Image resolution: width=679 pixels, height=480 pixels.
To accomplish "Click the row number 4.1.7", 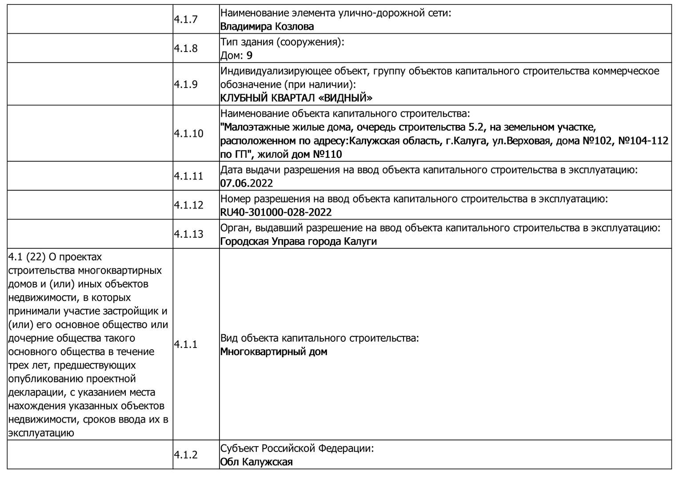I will pos(185,20).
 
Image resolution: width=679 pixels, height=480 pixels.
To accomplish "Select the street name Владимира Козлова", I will pos(267,27).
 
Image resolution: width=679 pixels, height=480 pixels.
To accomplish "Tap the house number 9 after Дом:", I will pos(249,56).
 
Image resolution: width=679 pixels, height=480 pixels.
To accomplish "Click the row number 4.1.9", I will pos(185,84).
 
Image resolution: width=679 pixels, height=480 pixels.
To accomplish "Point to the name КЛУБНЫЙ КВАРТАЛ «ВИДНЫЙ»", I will pos(296,98).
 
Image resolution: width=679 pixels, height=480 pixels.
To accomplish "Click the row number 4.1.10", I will pos(188,134).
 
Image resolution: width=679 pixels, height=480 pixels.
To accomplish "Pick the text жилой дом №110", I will pos(300,155).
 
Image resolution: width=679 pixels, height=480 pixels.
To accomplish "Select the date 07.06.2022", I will pos(246,184).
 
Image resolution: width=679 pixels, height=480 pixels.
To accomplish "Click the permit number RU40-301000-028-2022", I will pos(276,212).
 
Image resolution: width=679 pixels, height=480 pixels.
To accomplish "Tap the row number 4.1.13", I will pos(188,234).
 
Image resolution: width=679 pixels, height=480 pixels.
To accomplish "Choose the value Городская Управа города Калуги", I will pos(298,242).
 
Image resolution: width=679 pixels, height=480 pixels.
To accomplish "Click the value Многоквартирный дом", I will pos(273,352).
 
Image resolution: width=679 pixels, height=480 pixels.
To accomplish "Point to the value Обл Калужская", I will pos(256,462).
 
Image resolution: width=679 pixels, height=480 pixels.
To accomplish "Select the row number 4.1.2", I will pos(185,455).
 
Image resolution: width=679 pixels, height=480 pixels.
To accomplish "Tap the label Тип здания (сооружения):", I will pos(282,42).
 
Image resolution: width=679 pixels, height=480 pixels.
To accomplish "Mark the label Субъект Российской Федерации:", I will pos(297,448).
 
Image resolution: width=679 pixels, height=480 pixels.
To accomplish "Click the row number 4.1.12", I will pos(188,205).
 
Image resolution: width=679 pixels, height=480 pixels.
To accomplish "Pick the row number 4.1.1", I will pos(185,344).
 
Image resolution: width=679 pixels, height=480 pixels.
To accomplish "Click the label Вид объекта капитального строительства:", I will pos(320,338).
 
